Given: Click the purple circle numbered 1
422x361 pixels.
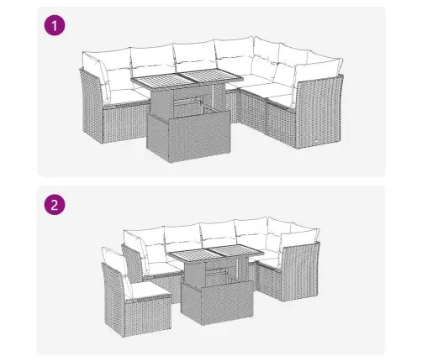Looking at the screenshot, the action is coord(55,26).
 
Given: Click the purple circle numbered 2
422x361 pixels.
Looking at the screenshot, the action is coord(55,205).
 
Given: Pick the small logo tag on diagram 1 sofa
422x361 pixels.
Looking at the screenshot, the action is coord(316,141).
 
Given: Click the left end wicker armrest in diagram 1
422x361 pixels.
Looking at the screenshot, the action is coord(92,107).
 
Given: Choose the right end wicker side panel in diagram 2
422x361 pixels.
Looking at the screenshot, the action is coord(300,272).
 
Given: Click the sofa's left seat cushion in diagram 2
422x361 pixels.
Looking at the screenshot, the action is coord(164,269).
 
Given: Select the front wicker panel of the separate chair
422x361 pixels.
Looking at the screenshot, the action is coord(149,317).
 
